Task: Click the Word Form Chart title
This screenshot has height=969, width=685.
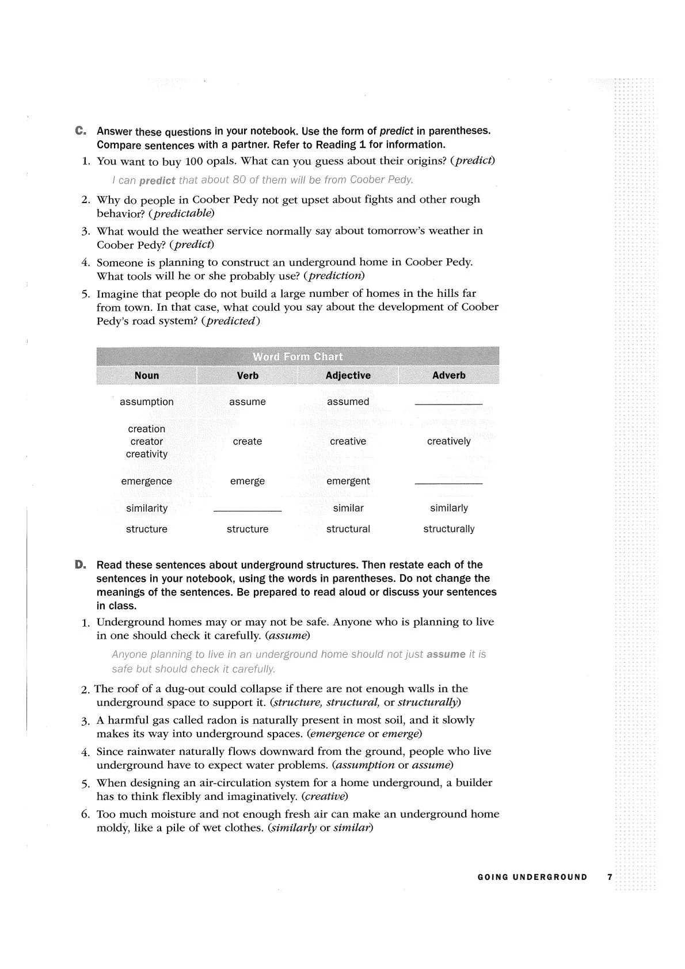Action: [x=298, y=356]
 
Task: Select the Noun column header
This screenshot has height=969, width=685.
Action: [x=147, y=375]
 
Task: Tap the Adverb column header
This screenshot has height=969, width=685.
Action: [x=448, y=375]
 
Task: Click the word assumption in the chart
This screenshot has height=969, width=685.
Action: [x=147, y=402]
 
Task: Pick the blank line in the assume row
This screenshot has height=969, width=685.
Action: [x=448, y=405]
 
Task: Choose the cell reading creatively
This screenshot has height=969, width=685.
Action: [x=448, y=441]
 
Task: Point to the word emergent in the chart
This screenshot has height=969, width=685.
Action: [x=348, y=481]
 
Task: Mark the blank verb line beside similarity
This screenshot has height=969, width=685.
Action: [x=248, y=511]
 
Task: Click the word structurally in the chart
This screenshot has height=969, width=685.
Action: [x=448, y=529]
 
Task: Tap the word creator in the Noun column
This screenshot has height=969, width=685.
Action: [x=147, y=441]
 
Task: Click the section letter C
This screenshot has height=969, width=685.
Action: [x=80, y=131]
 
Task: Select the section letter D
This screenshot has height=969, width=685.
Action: [x=80, y=564]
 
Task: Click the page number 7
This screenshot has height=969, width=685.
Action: [x=610, y=878]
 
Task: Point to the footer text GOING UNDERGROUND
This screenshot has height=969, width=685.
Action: [x=532, y=878]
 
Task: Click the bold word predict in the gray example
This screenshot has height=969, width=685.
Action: [x=157, y=181]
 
